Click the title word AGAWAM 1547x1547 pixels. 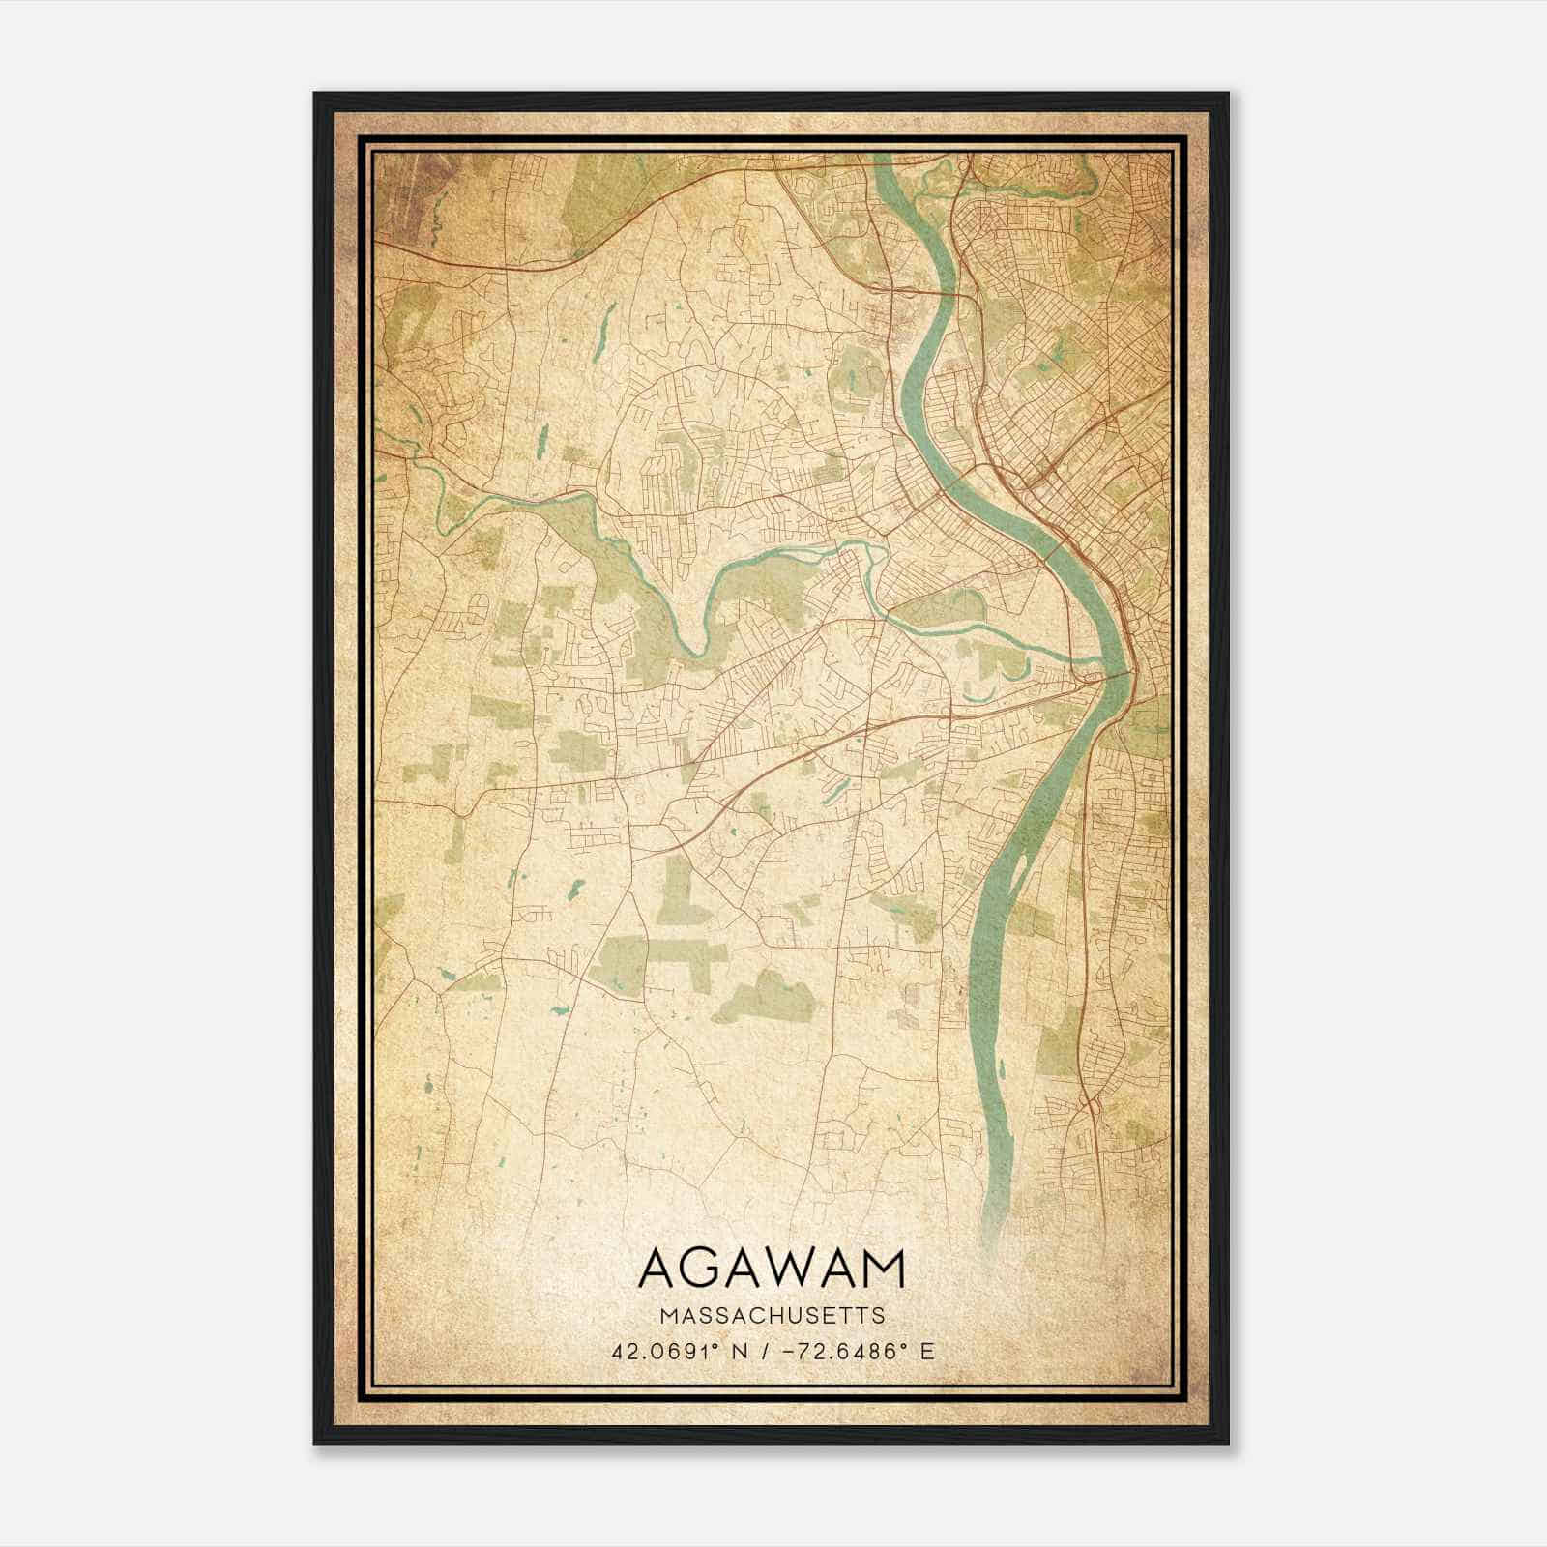(x=772, y=1270)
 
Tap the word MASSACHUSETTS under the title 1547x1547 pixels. (x=772, y=1316)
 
